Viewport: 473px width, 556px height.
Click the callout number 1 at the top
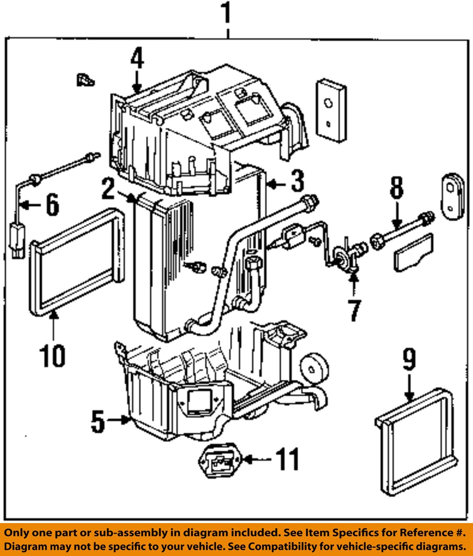226,15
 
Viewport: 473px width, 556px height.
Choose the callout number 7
355,310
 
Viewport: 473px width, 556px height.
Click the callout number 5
98,422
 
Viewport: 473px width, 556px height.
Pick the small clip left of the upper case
84,80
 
